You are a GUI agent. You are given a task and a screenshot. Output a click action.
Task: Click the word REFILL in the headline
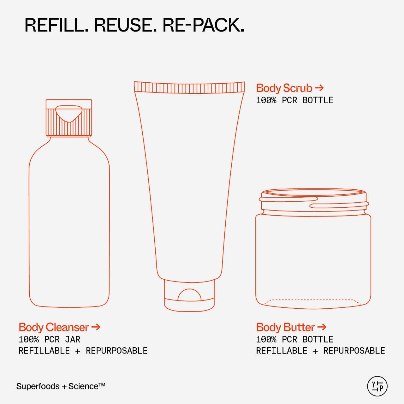click(x=56, y=25)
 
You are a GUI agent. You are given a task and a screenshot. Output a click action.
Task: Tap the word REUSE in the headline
click(x=125, y=25)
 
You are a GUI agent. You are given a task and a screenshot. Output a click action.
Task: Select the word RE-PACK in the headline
click(x=203, y=25)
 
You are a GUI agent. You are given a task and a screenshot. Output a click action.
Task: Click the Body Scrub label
click(x=284, y=88)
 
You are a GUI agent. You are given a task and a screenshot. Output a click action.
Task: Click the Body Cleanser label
click(x=54, y=327)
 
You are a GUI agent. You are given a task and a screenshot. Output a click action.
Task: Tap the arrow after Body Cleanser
click(x=96, y=327)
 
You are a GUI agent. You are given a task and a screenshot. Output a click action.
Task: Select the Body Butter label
click(x=285, y=327)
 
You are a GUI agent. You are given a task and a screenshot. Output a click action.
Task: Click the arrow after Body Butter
click(x=322, y=327)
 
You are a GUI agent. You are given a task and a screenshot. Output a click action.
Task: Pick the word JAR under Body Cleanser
click(x=73, y=340)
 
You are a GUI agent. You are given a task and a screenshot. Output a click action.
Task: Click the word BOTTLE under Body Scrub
click(x=318, y=100)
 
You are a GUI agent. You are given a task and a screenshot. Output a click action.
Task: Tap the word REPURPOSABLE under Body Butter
click(x=354, y=351)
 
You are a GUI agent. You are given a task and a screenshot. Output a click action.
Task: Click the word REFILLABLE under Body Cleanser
click(x=44, y=351)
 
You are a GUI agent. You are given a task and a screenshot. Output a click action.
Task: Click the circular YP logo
click(x=377, y=386)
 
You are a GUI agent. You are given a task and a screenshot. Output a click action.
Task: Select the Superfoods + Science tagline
click(x=61, y=386)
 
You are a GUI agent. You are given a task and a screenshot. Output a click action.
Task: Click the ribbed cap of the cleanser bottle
click(x=69, y=118)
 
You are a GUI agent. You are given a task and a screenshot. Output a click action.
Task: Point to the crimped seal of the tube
click(x=189, y=87)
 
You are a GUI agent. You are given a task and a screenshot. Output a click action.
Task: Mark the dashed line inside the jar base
click(x=313, y=300)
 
